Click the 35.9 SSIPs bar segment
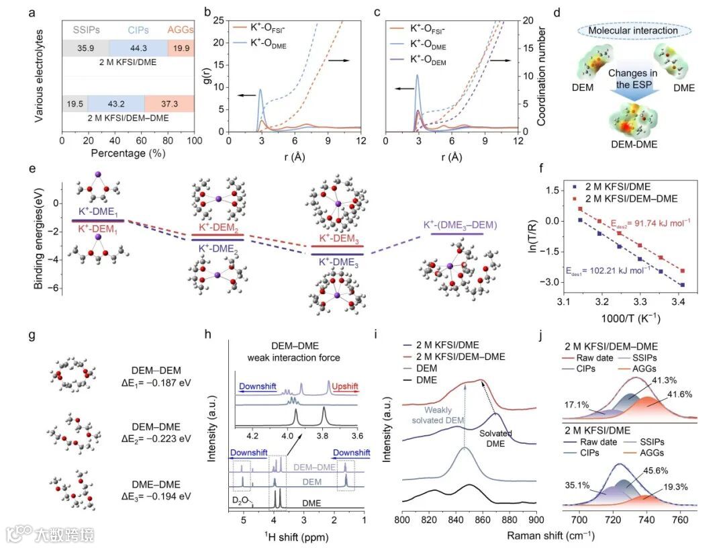click(85, 48)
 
